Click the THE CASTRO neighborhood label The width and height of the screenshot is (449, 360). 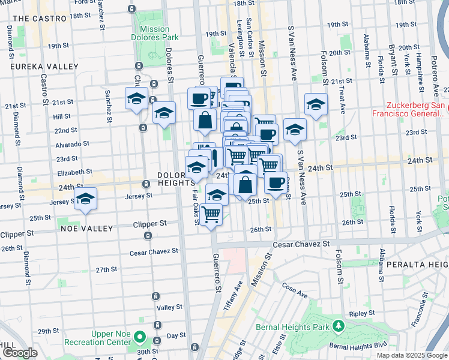pyautogui.click(x=39, y=19)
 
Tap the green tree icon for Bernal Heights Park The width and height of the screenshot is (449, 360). pyautogui.click(x=339, y=326)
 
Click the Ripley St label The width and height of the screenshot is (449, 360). pyautogui.click(x=363, y=313)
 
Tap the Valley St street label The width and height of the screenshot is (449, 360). pyautogui.click(x=169, y=307)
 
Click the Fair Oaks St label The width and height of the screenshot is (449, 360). pyautogui.click(x=196, y=208)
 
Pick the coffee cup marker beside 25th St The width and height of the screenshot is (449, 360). pyautogui.click(x=276, y=184)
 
